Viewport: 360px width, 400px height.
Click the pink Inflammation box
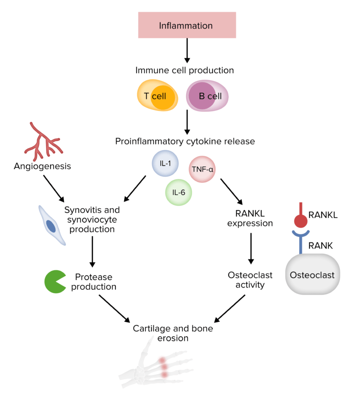click(187, 25)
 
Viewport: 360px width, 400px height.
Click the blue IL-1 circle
click(165, 164)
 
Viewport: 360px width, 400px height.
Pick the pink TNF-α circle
click(202, 169)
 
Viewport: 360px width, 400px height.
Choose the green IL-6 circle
click(179, 192)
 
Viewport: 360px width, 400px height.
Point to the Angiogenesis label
click(42, 166)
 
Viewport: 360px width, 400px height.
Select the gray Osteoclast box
click(312, 275)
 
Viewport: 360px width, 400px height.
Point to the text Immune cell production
click(184, 70)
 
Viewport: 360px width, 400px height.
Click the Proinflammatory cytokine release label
click(185, 141)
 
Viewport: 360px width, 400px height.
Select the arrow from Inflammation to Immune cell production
click(187, 50)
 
